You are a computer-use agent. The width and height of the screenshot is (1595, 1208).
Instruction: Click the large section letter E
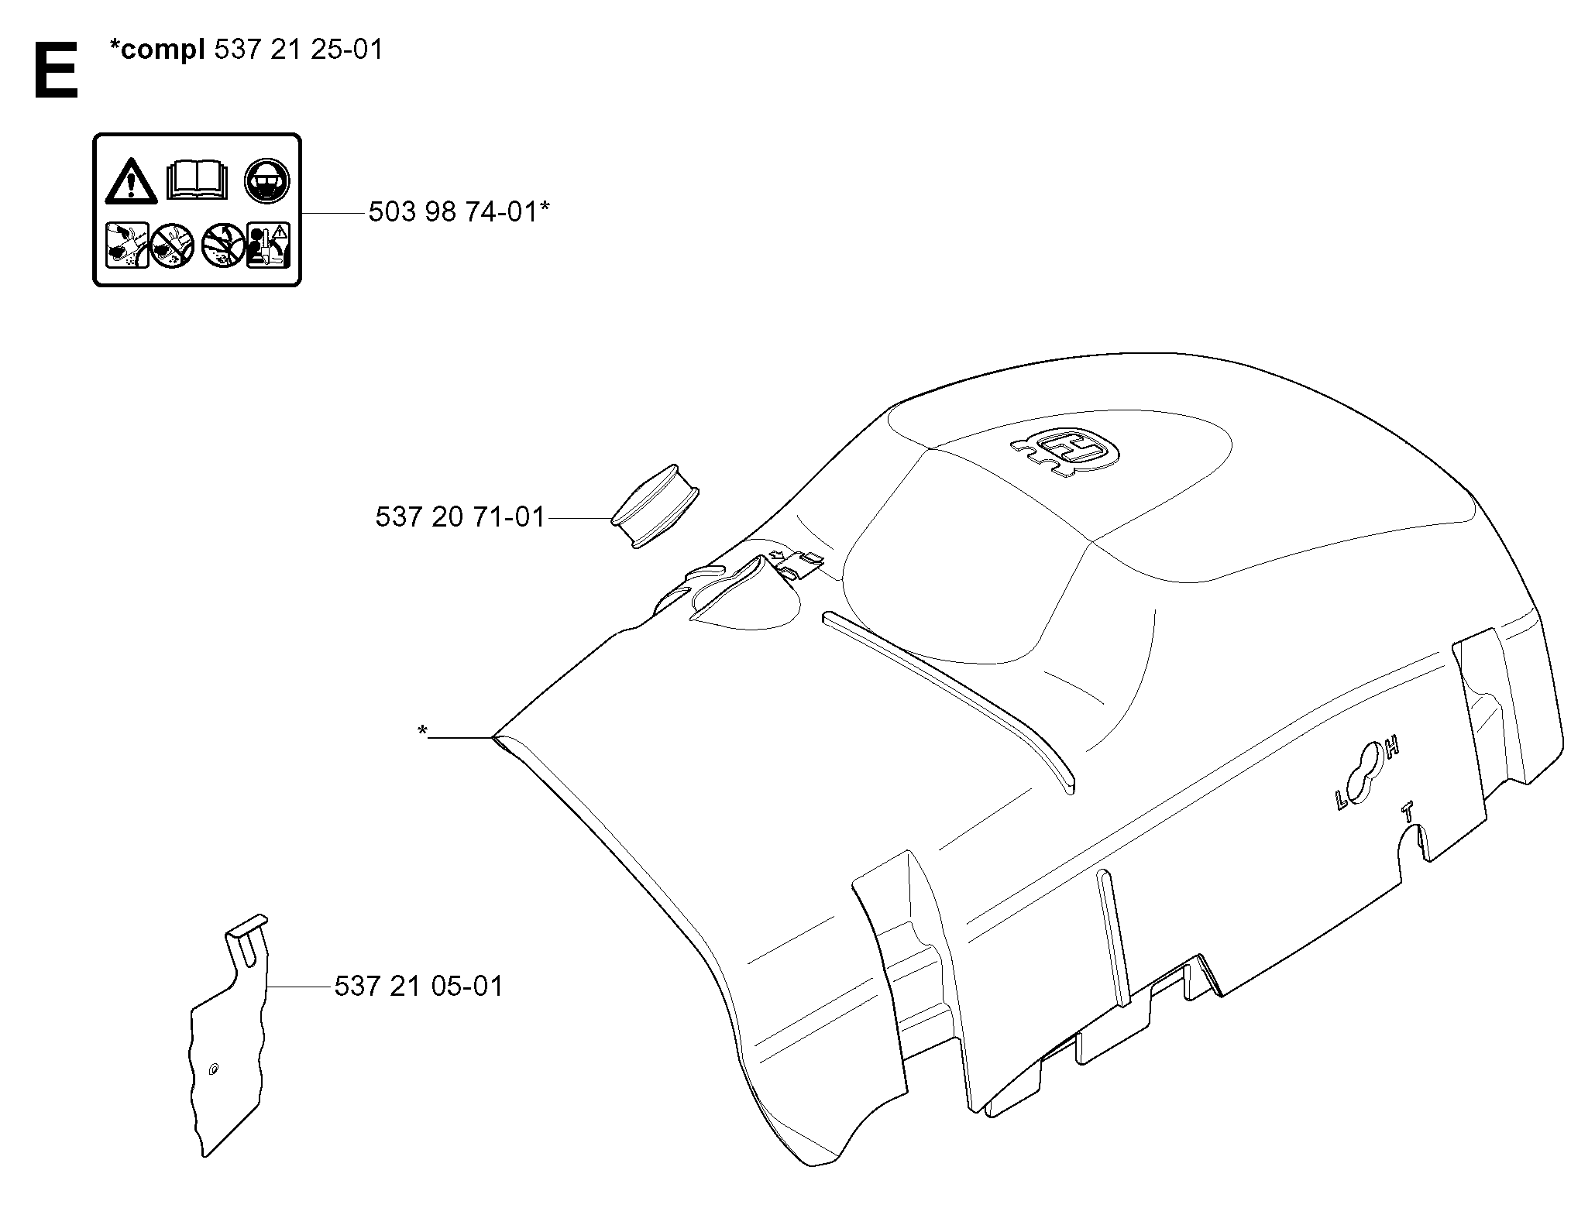point(56,70)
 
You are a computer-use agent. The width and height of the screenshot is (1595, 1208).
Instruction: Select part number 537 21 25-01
point(298,50)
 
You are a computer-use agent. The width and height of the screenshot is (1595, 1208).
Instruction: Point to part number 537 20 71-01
point(460,516)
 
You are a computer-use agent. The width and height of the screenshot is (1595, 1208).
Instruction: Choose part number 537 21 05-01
point(419,986)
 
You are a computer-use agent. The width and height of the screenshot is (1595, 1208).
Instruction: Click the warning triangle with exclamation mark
point(132,182)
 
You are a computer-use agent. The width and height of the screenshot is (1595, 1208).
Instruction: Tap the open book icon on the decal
point(198,180)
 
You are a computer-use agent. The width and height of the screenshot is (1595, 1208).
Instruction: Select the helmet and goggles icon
point(267,182)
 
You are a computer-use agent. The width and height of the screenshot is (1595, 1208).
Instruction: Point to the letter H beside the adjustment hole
point(1392,747)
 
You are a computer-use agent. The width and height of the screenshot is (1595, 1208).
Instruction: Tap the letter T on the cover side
point(1408,812)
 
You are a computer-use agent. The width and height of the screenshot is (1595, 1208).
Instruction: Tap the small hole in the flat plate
point(213,1070)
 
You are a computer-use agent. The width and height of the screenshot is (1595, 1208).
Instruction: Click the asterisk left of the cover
point(422,730)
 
